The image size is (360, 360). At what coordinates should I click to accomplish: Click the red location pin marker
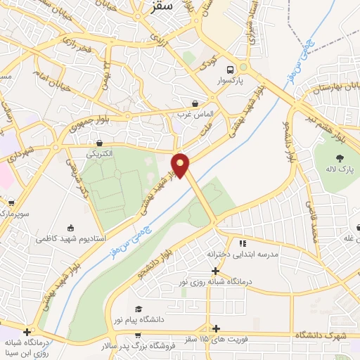(181, 165)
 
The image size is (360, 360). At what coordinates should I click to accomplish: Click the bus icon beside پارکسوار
(230, 69)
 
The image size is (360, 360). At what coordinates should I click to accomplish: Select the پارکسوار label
(230, 82)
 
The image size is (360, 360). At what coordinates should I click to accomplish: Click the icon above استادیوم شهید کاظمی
(70, 227)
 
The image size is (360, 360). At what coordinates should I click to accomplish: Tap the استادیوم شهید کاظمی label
(70, 239)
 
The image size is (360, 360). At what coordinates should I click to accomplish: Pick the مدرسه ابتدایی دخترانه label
(242, 254)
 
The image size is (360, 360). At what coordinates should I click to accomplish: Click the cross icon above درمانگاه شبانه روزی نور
(216, 271)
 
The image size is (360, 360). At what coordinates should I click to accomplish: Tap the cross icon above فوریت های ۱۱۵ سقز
(216, 328)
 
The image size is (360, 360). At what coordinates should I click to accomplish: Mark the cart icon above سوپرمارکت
(11, 202)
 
